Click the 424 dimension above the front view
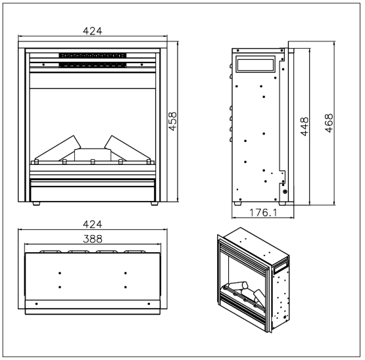[x=92, y=32]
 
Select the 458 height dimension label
[x=173, y=120]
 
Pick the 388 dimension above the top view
[x=92, y=239]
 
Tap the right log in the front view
[x=126, y=148]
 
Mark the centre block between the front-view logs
[x=92, y=154]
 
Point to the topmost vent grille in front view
[x=92, y=55]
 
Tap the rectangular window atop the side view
[x=254, y=64]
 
